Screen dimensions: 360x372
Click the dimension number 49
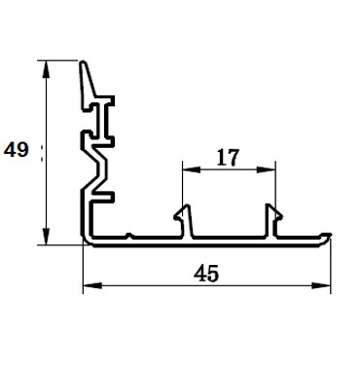[17, 150]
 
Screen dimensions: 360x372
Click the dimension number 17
[228, 158]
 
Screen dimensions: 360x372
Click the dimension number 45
[206, 274]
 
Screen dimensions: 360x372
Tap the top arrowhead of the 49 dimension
[46, 69]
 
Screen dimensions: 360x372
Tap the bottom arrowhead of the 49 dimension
[46, 237]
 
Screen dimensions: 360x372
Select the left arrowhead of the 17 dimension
[192, 169]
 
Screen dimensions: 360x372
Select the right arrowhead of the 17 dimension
[267, 169]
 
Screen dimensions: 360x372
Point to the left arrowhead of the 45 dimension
[92, 285]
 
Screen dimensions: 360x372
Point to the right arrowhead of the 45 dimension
[321, 285]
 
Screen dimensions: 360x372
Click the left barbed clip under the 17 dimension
[184, 221]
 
